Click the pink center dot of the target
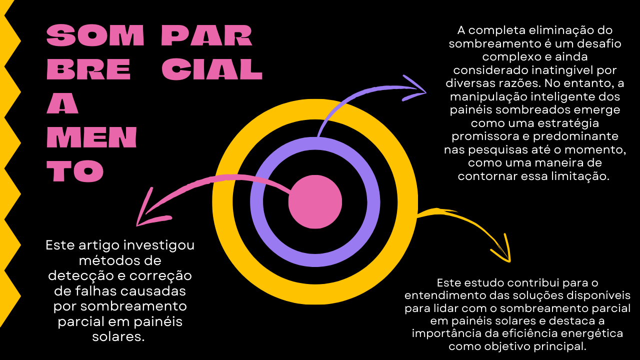[x=315, y=202]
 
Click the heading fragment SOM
[x=95, y=36]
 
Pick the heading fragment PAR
[x=207, y=36]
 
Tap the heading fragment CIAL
[x=212, y=70]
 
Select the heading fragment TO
[x=75, y=172]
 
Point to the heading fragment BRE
[x=88, y=70]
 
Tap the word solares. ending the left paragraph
[x=118, y=336]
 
